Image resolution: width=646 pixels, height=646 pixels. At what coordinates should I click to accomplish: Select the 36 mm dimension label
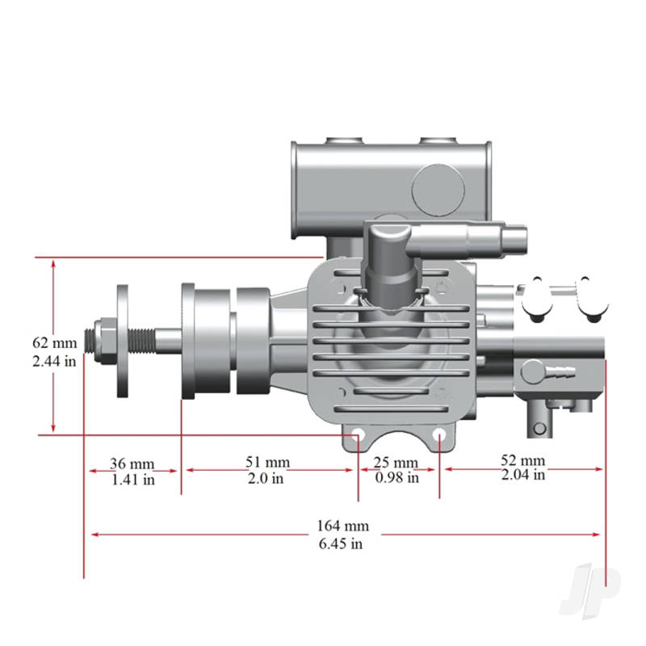coord(132,464)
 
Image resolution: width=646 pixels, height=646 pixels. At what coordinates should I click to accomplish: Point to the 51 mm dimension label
coord(267,462)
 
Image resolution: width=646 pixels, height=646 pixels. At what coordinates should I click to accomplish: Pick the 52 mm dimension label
coord(522,460)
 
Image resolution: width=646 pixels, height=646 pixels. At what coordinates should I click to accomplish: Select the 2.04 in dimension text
coord(522,475)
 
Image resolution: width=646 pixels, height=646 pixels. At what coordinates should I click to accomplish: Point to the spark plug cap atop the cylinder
coord(389,251)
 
